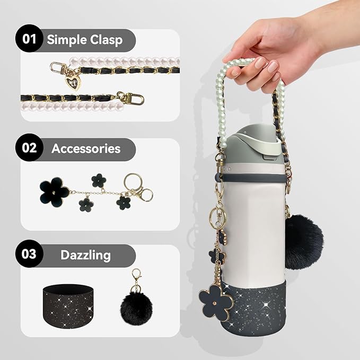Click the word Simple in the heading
(66, 40)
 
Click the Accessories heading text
(86, 149)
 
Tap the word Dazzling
(85, 255)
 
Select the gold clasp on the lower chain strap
(124, 98)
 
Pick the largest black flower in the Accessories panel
(54, 192)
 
